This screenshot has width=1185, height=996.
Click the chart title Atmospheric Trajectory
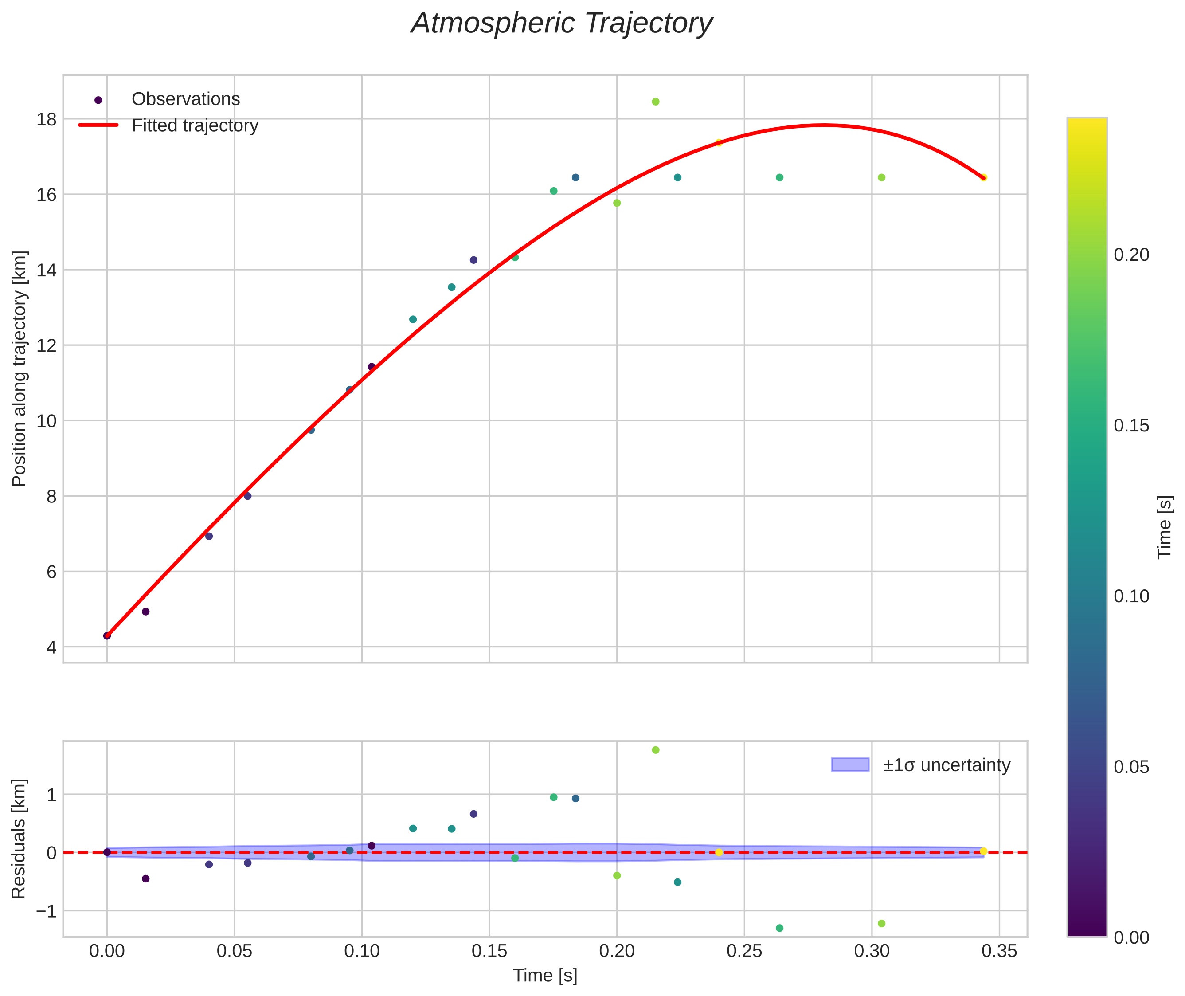(x=562, y=24)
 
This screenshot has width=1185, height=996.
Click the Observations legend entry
(x=185, y=99)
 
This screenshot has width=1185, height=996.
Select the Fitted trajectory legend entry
(x=195, y=125)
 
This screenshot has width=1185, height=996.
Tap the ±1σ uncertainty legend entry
(x=946, y=765)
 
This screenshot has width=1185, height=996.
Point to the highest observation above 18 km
(x=655, y=102)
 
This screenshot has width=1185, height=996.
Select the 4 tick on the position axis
(x=51, y=647)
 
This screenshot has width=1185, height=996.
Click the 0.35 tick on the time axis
(x=999, y=951)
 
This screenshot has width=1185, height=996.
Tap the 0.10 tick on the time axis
(x=362, y=951)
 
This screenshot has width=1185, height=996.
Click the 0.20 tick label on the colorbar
(x=1131, y=255)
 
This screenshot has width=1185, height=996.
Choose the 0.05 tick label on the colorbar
(x=1131, y=767)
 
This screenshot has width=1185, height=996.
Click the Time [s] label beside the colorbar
(x=1165, y=527)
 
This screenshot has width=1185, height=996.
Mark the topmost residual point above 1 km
(x=655, y=750)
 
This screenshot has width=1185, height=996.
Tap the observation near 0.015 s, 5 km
(x=146, y=612)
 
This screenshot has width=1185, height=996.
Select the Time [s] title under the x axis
(x=545, y=976)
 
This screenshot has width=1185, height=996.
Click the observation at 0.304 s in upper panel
(x=881, y=177)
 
